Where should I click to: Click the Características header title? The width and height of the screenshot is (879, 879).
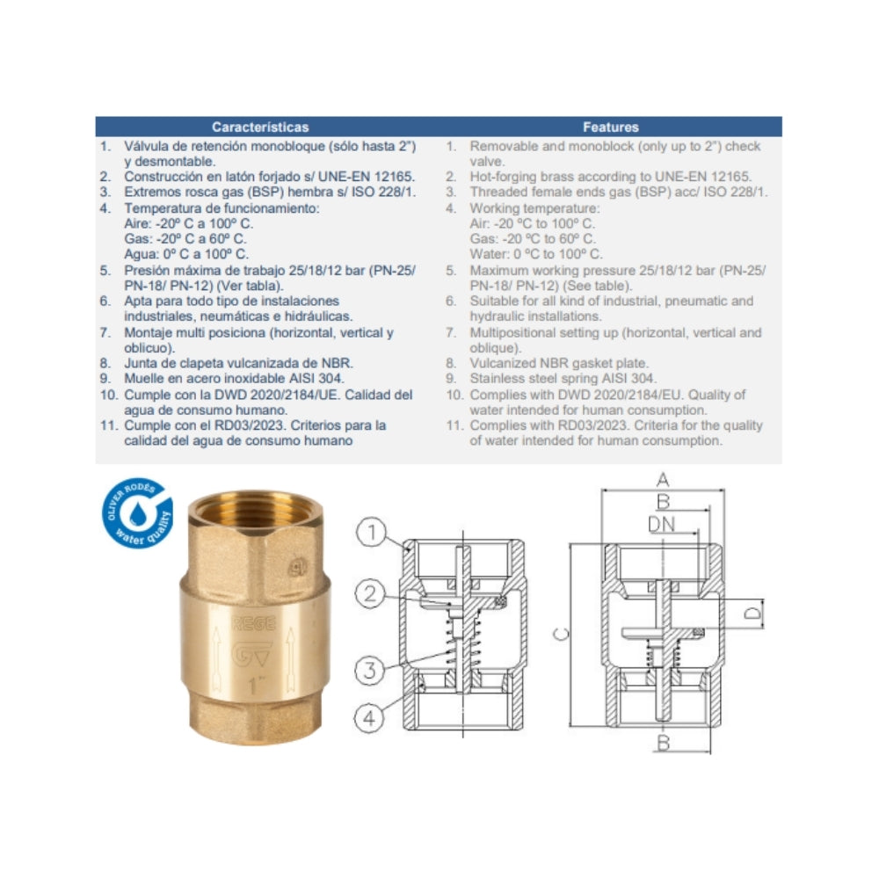tap(260, 127)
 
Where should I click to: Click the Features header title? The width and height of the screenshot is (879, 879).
tap(611, 127)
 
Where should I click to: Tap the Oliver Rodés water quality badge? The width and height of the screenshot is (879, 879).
tap(137, 513)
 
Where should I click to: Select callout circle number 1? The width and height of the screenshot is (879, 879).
tap(371, 532)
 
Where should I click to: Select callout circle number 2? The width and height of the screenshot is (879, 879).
tap(371, 593)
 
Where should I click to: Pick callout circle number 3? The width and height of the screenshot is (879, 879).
tap(370, 669)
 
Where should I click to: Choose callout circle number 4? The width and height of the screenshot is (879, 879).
tap(369, 717)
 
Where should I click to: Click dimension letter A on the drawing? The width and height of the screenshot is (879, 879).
tap(663, 481)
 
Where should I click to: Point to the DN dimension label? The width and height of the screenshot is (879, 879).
tap(662, 524)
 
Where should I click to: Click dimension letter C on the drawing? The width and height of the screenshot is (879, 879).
tap(561, 634)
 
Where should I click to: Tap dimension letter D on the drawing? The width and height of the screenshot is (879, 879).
tap(754, 614)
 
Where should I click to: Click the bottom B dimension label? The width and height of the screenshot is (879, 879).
tap(663, 744)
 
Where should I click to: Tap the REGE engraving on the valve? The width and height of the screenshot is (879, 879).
tap(254, 623)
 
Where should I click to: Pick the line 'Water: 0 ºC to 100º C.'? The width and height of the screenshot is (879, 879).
tap(536, 254)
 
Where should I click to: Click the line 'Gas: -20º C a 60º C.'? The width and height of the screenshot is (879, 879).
tap(185, 239)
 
